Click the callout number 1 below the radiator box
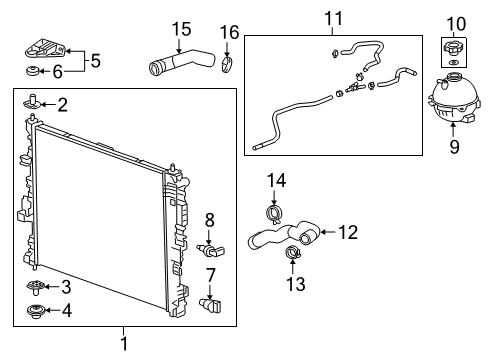[x=124, y=345]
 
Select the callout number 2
[x=62, y=103]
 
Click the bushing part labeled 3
[x=35, y=287]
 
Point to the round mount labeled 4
[x=35, y=309]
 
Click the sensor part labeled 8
[x=207, y=247]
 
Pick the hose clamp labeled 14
[x=274, y=212]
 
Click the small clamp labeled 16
[x=228, y=67]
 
